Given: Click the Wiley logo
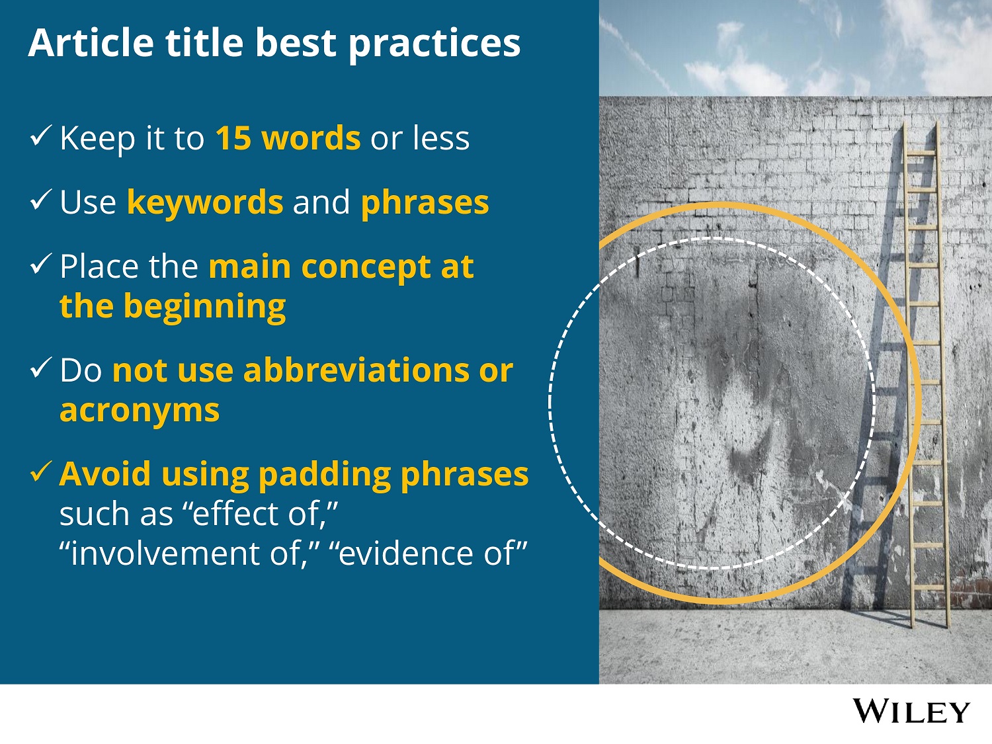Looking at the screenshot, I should pyautogui.click(x=911, y=712).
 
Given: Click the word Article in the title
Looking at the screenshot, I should pyautogui.click(x=90, y=43).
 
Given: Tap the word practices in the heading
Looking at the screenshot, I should pyautogui.click(x=434, y=44).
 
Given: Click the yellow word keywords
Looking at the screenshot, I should pyautogui.click(x=205, y=203).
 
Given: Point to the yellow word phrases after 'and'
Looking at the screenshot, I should pyautogui.click(x=425, y=203).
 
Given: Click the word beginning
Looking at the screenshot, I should pyautogui.click(x=205, y=308).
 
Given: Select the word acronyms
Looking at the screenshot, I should pyautogui.click(x=140, y=411).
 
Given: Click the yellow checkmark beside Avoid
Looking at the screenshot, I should pyautogui.click(x=41, y=472).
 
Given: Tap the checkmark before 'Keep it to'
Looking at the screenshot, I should pyautogui.click(x=41, y=136).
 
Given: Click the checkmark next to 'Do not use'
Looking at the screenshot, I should pyautogui.click(x=41, y=368).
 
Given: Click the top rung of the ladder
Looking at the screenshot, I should pyautogui.click(x=921, y=153).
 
